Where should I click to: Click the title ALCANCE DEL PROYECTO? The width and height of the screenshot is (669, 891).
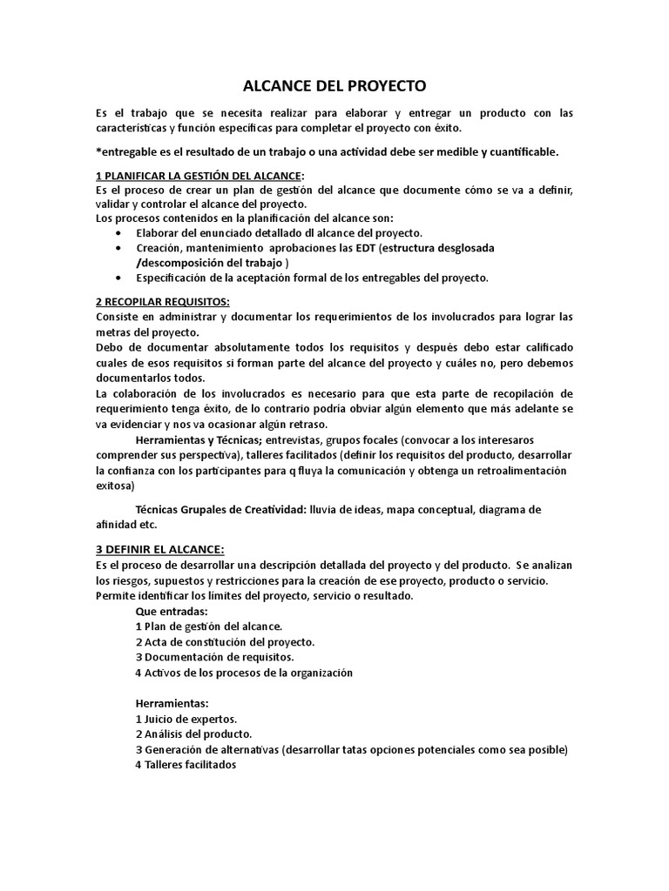(334, 87)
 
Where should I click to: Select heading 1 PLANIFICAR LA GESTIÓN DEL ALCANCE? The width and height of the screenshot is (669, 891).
(199, 176)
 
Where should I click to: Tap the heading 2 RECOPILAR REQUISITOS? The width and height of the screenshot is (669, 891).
(163, 301)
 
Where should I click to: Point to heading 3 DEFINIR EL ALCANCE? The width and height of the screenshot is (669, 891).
(159, 550)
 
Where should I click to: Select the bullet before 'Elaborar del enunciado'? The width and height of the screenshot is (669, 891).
(118, 233)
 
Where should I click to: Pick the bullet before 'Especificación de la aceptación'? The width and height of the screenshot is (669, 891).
(118, 278)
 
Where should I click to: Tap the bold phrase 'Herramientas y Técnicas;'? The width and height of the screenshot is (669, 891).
(196, 440)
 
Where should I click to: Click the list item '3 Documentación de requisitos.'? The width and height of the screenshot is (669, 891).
(214, 656)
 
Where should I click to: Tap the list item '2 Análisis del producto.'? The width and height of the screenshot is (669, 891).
(193, 734)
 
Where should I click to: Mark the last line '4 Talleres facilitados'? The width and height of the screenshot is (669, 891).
(186, 765)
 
